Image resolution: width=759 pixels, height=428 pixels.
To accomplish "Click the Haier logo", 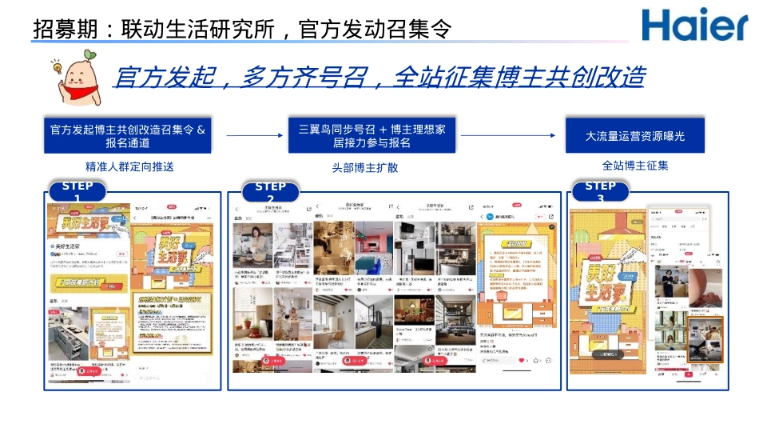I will pos(694,26).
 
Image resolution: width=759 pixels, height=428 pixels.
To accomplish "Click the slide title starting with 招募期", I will pos(243,30).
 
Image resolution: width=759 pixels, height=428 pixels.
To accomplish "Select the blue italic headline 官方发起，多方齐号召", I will pos(379,78).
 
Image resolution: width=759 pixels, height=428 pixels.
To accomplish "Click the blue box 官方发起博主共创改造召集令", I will pos(128,135).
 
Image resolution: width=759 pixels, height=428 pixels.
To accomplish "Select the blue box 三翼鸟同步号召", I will pos(372,135).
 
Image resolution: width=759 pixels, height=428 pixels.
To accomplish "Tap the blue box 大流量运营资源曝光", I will pos(635,135).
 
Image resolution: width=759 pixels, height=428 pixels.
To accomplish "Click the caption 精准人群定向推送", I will pos(129,167).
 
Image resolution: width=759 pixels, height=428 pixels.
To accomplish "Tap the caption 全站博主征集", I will pos(635,166).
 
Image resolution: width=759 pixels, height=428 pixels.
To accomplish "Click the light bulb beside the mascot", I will pos(58,68).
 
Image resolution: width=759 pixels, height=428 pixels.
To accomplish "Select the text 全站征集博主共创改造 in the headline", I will pos(519,78).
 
